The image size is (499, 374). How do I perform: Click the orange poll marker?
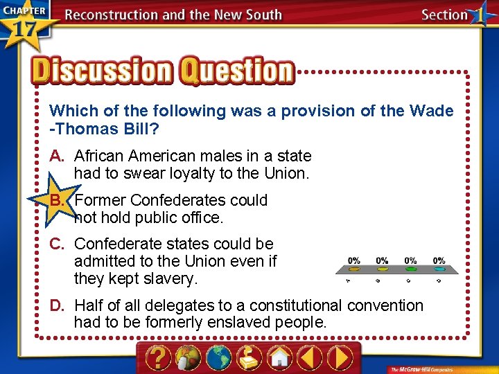[353, 269]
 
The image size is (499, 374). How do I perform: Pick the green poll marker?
[410, 269]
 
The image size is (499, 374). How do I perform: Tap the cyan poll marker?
[439, 269]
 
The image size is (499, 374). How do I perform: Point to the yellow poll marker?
[382, 269]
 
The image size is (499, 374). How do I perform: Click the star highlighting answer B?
[59, 202]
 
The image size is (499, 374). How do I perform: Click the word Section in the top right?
[444, 15]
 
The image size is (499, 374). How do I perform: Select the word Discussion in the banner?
[101, 71]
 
